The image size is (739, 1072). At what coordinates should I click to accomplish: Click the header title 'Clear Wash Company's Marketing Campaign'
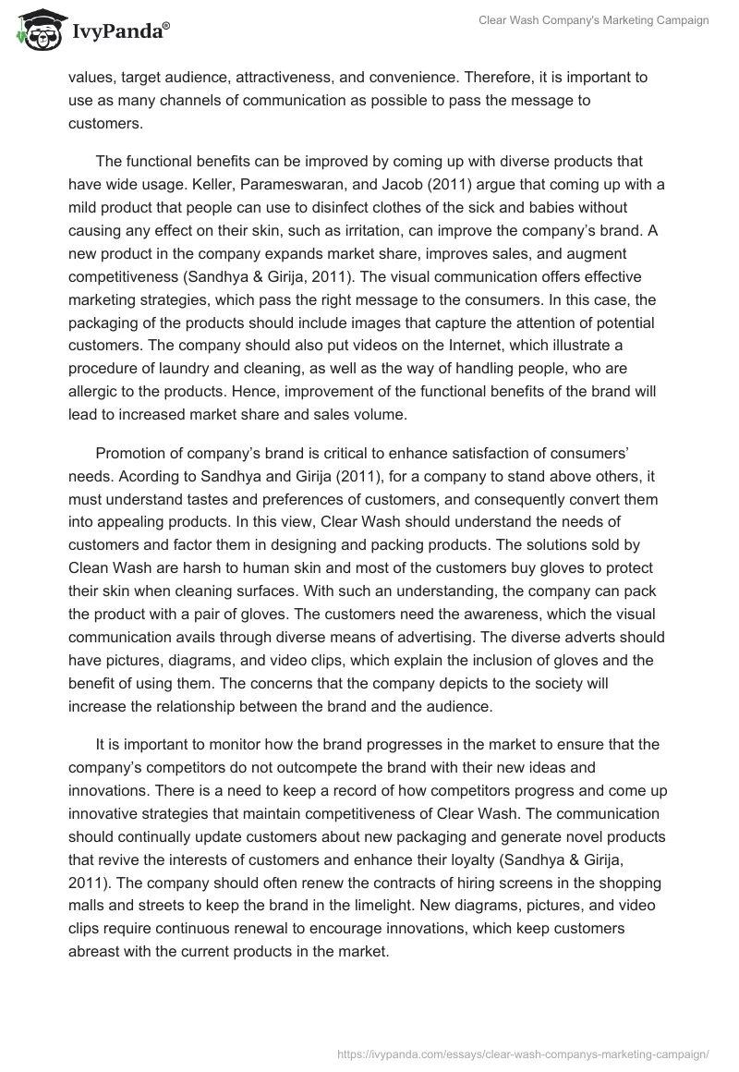point(594,21)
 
